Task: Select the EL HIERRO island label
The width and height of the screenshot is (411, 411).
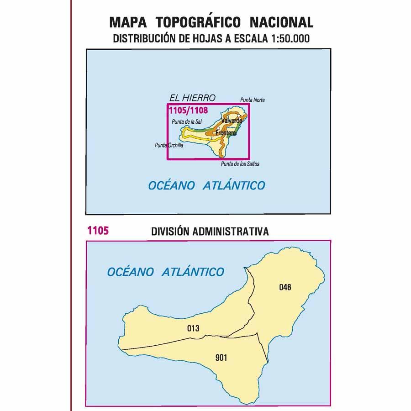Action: coord(192,97)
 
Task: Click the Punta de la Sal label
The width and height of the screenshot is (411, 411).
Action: coord(188,121)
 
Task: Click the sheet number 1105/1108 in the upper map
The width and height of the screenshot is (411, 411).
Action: coord(188,110)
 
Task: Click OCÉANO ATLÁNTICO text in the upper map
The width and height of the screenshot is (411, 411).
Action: coord(207,185)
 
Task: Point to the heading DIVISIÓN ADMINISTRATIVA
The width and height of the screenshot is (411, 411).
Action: coord(210,232)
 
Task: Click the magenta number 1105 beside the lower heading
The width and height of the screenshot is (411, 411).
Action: coord(97,231)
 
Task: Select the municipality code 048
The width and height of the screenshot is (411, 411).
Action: coord(285,287)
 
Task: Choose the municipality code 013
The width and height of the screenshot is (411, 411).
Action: coord(193,328)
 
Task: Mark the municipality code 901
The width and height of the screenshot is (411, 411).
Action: coord(220,358)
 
